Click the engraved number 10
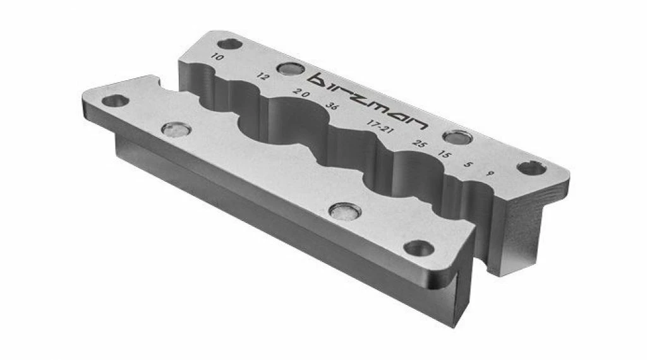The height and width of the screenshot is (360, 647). [x=217, y=57]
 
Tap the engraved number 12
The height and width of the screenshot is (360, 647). [x=263, y=76]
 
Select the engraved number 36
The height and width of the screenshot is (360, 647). [x=331, y=105]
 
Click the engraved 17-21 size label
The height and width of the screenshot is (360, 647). [x=380, y=126]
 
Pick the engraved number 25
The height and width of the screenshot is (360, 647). [x=420, y=143]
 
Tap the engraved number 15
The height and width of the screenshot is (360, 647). [x=444, y=154]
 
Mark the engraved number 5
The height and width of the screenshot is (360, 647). [x=468, y=164]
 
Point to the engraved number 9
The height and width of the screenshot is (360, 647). [x=490, y=174]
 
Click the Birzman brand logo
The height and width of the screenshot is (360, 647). [x=368, y=100]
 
